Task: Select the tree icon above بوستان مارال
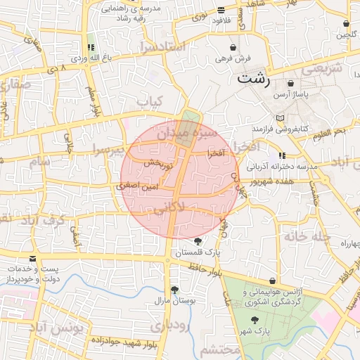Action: point(174,290)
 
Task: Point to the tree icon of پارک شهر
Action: point(255,320)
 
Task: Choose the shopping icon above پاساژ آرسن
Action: point(290,84)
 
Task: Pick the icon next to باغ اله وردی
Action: point(91,48)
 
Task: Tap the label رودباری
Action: point(167,325)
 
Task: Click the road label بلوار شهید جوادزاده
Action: point(122,340)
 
